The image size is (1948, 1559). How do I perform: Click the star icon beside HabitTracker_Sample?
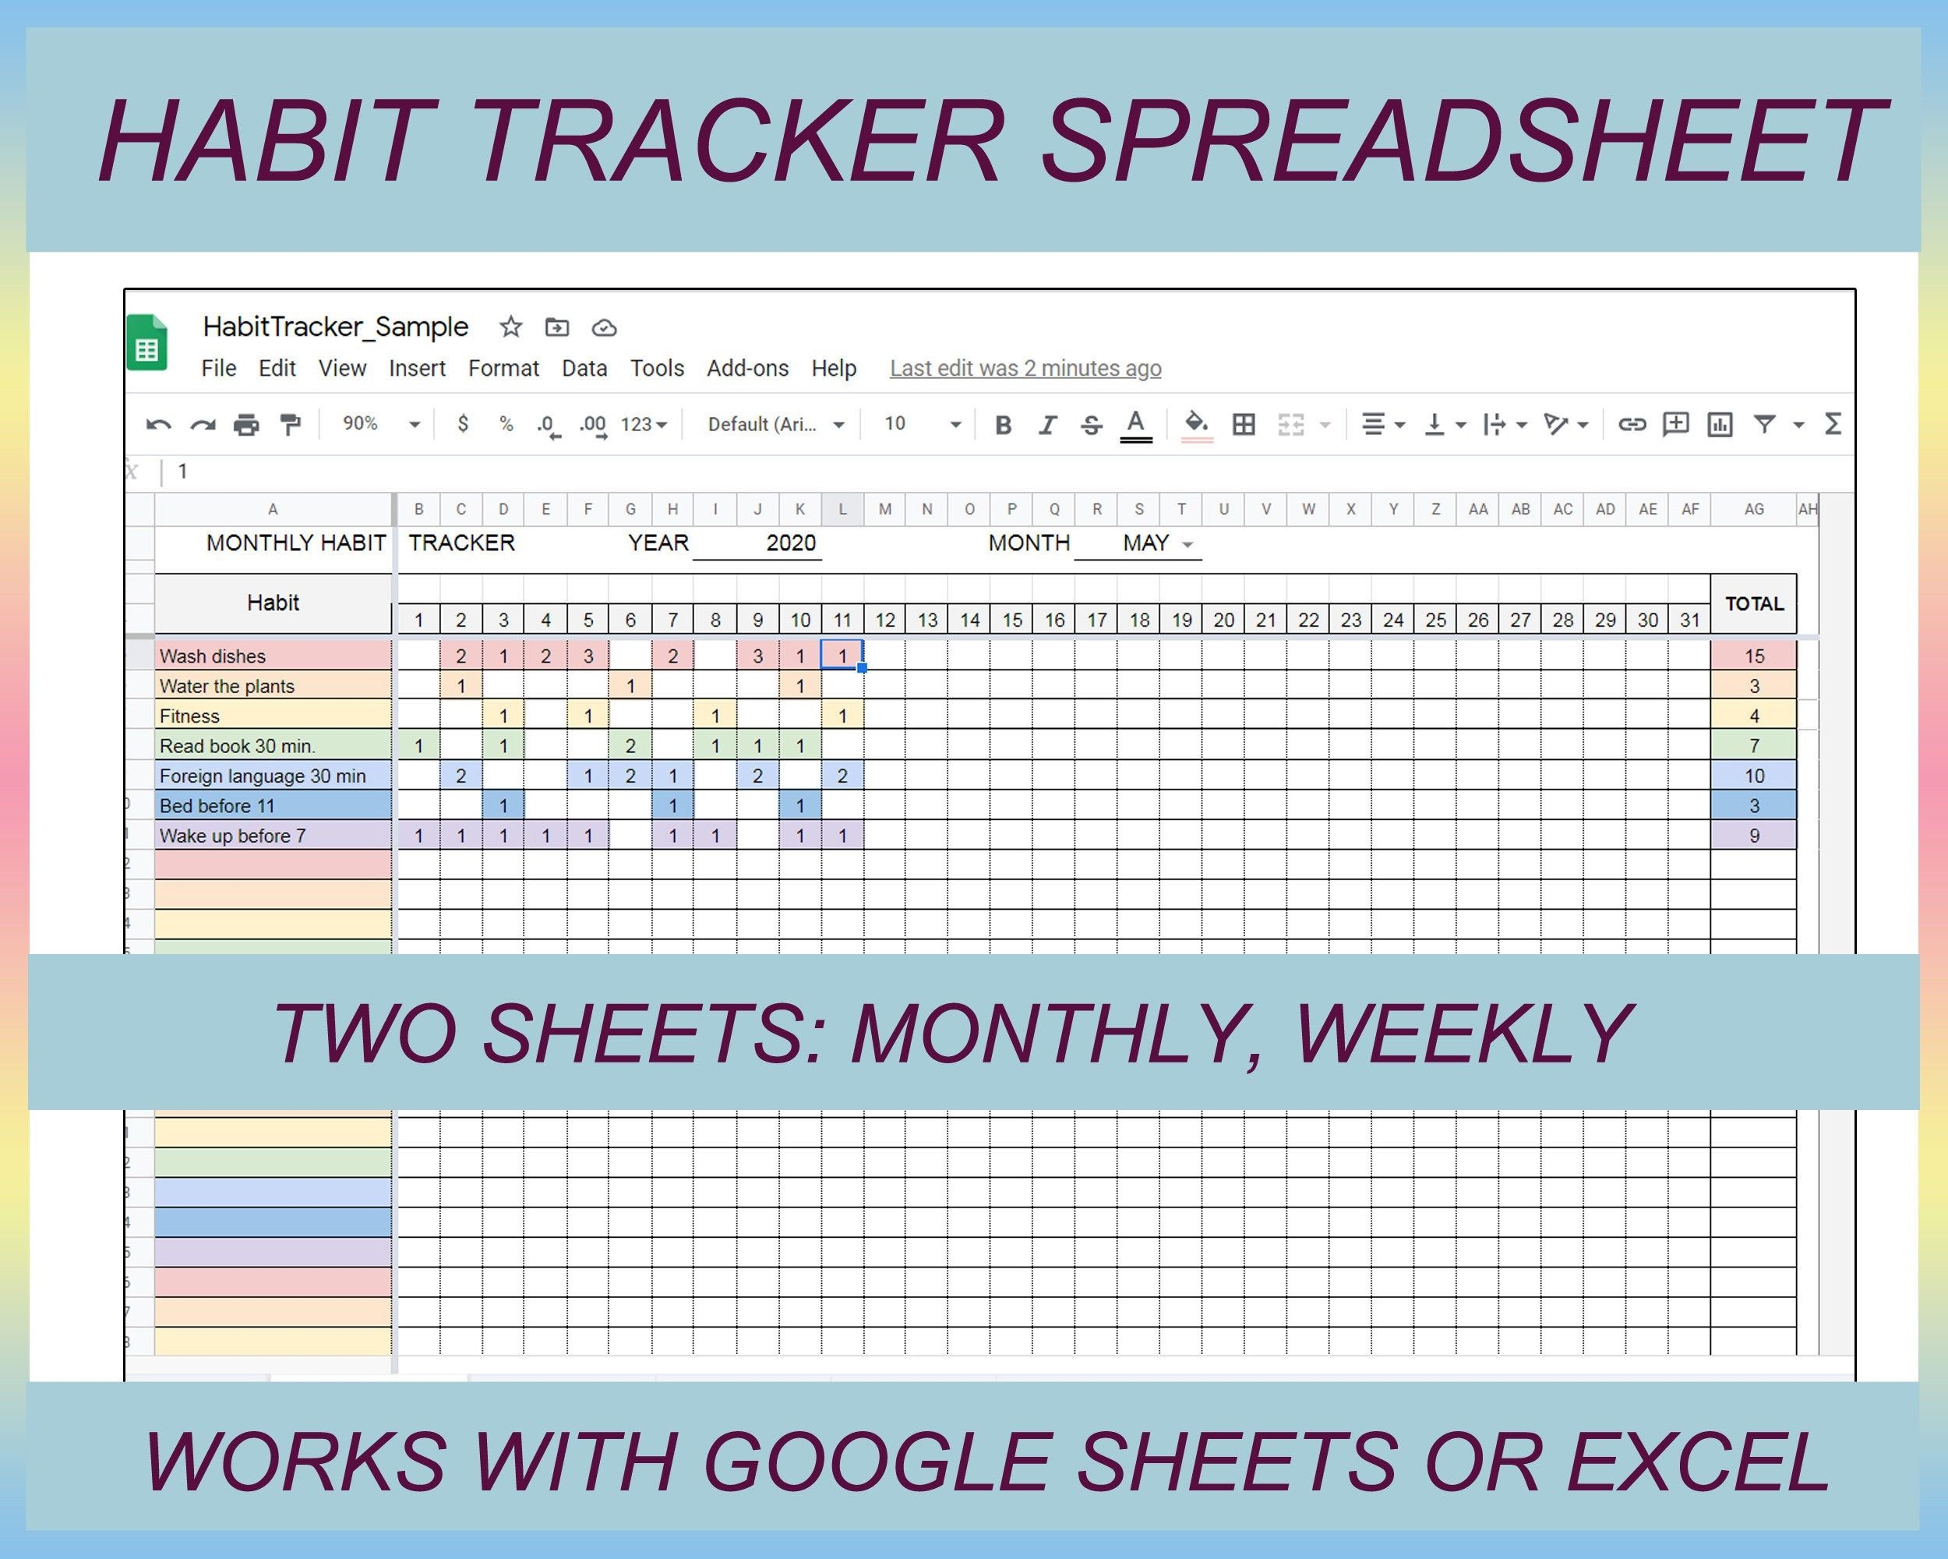511,327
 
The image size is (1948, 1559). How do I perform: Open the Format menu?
503,369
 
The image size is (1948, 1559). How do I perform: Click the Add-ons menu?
747,369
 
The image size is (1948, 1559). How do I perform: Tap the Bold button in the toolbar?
1002,425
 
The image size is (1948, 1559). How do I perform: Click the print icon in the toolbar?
245,425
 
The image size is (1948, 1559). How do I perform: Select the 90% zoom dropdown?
380,424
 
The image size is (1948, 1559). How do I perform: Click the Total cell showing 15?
1754,656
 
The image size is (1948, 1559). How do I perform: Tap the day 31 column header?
1689,620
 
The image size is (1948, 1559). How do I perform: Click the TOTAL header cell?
1754,603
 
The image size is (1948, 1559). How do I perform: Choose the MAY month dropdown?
1156,544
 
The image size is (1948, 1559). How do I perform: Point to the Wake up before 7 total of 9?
1754,836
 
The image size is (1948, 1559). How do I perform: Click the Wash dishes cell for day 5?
588,656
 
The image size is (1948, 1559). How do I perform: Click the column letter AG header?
1754,510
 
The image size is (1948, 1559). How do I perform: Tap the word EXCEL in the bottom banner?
1699,1462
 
